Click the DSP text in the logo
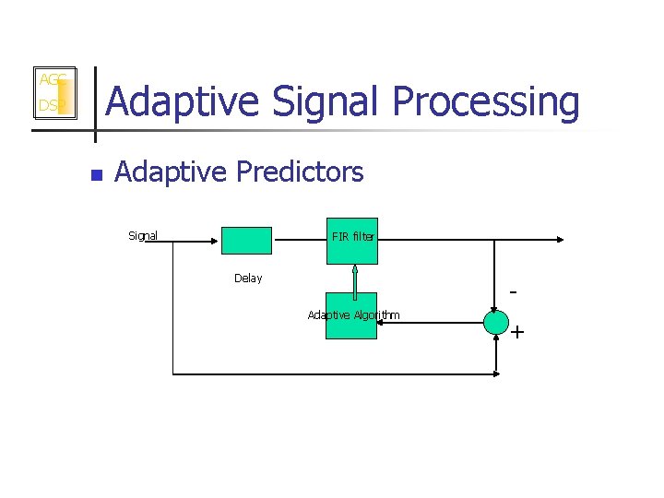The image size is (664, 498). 51,106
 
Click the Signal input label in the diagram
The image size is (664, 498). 143,236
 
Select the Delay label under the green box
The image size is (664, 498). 247,279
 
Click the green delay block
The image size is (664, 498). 246,240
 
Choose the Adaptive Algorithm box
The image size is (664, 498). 351,316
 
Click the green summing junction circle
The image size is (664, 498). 496,322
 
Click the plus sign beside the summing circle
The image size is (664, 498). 517,331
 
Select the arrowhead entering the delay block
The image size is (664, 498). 216,240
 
